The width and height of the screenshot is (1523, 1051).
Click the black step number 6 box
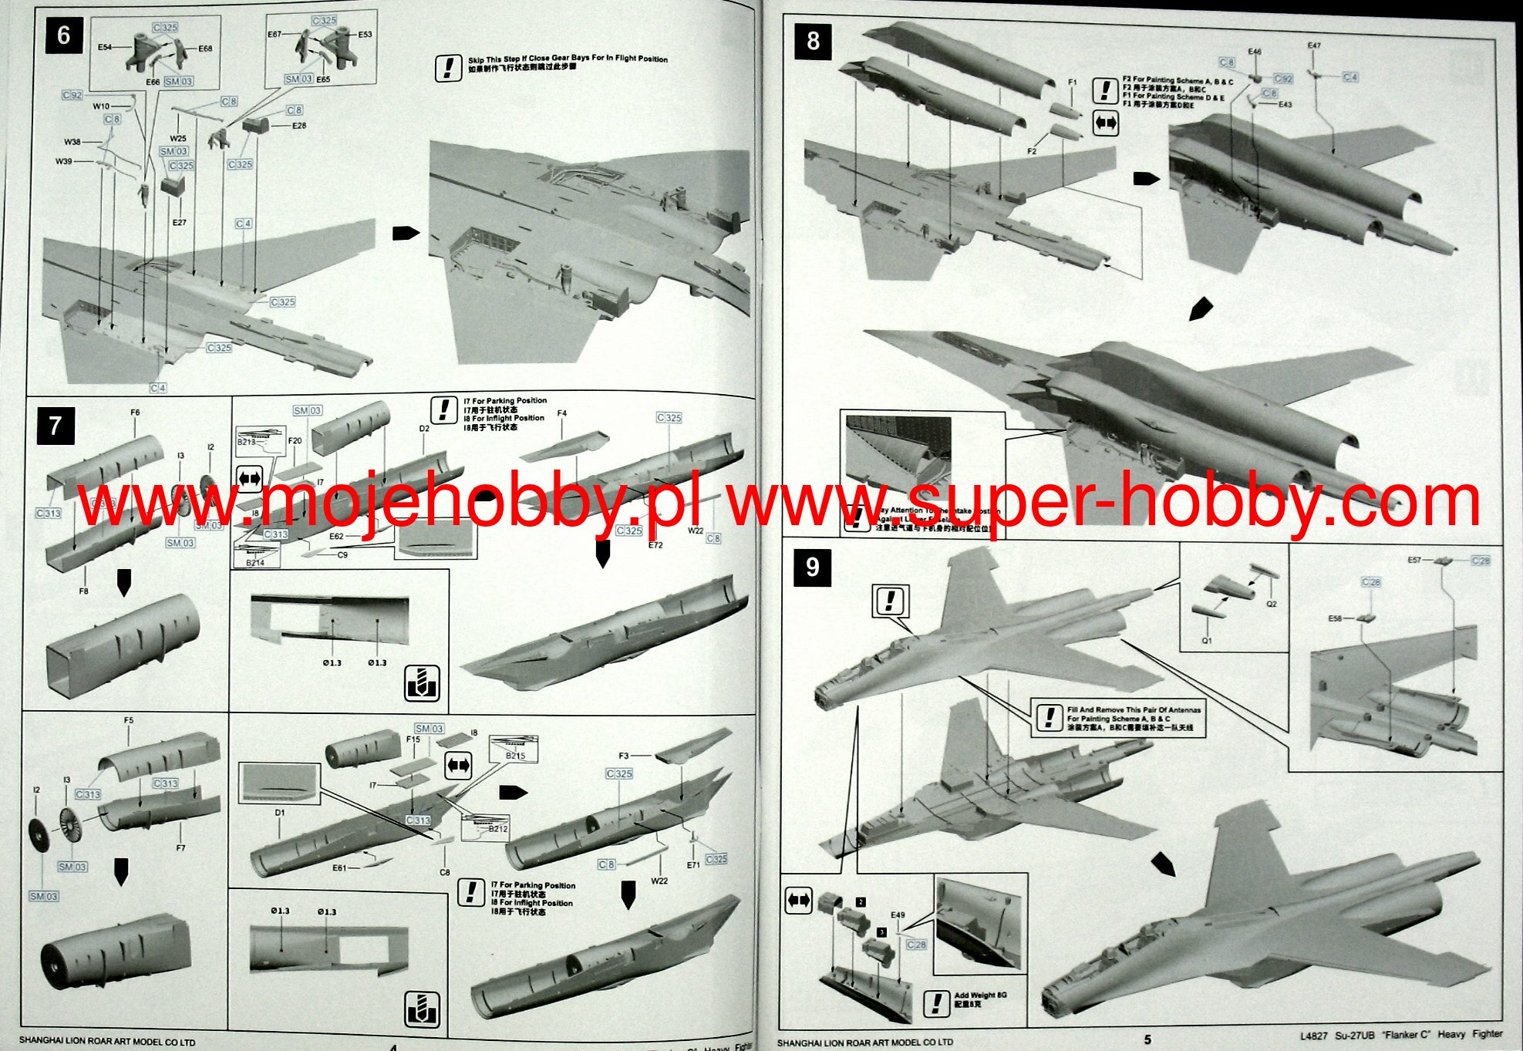click(63, 36)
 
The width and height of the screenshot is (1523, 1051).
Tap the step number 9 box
click(812, 568)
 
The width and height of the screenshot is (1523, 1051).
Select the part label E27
click(179, 222)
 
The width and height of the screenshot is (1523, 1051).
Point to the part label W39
click(64, 161)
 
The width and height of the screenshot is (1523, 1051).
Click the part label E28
click(299, 126)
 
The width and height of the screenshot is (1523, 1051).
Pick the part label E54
click(105, 48)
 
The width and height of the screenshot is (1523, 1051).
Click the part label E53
click(365, 35)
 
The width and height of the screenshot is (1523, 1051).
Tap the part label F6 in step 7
click(135, 413)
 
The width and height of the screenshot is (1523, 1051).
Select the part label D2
click(424, 428)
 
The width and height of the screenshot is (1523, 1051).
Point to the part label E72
click(655, 544)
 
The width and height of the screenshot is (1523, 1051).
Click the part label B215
click(515, 756)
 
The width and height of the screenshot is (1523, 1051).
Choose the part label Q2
click(1272, 604)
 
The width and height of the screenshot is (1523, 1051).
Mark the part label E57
click(1414, 561)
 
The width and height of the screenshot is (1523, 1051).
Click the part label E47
click(1314, 46)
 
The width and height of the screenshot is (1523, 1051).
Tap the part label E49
click(898, 915)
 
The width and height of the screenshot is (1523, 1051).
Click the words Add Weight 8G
click(980, 995)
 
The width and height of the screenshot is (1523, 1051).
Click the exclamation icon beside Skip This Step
click(448, 68)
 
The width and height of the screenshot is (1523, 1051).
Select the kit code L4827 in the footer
click(1314, 1036)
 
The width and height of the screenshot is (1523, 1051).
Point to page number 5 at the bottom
click(1147, 1039)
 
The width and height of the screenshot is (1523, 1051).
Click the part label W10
click(101, 106)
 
